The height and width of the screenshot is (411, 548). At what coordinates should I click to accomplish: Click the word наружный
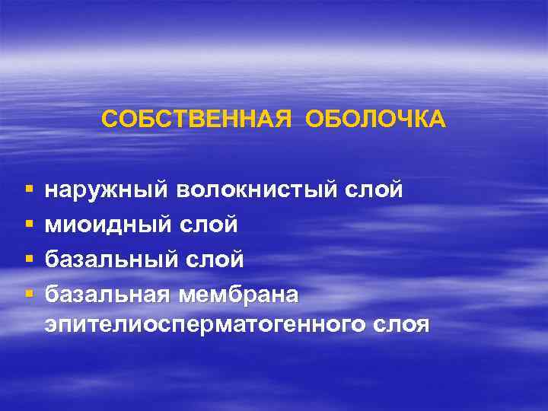pyautogui.click(x=107, y=190)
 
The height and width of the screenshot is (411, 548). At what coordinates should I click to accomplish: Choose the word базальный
pyautogui.click(x=113, y=260)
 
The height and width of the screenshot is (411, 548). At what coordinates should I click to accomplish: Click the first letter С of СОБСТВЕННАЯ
pyautogui.click(x=108, y=119)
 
